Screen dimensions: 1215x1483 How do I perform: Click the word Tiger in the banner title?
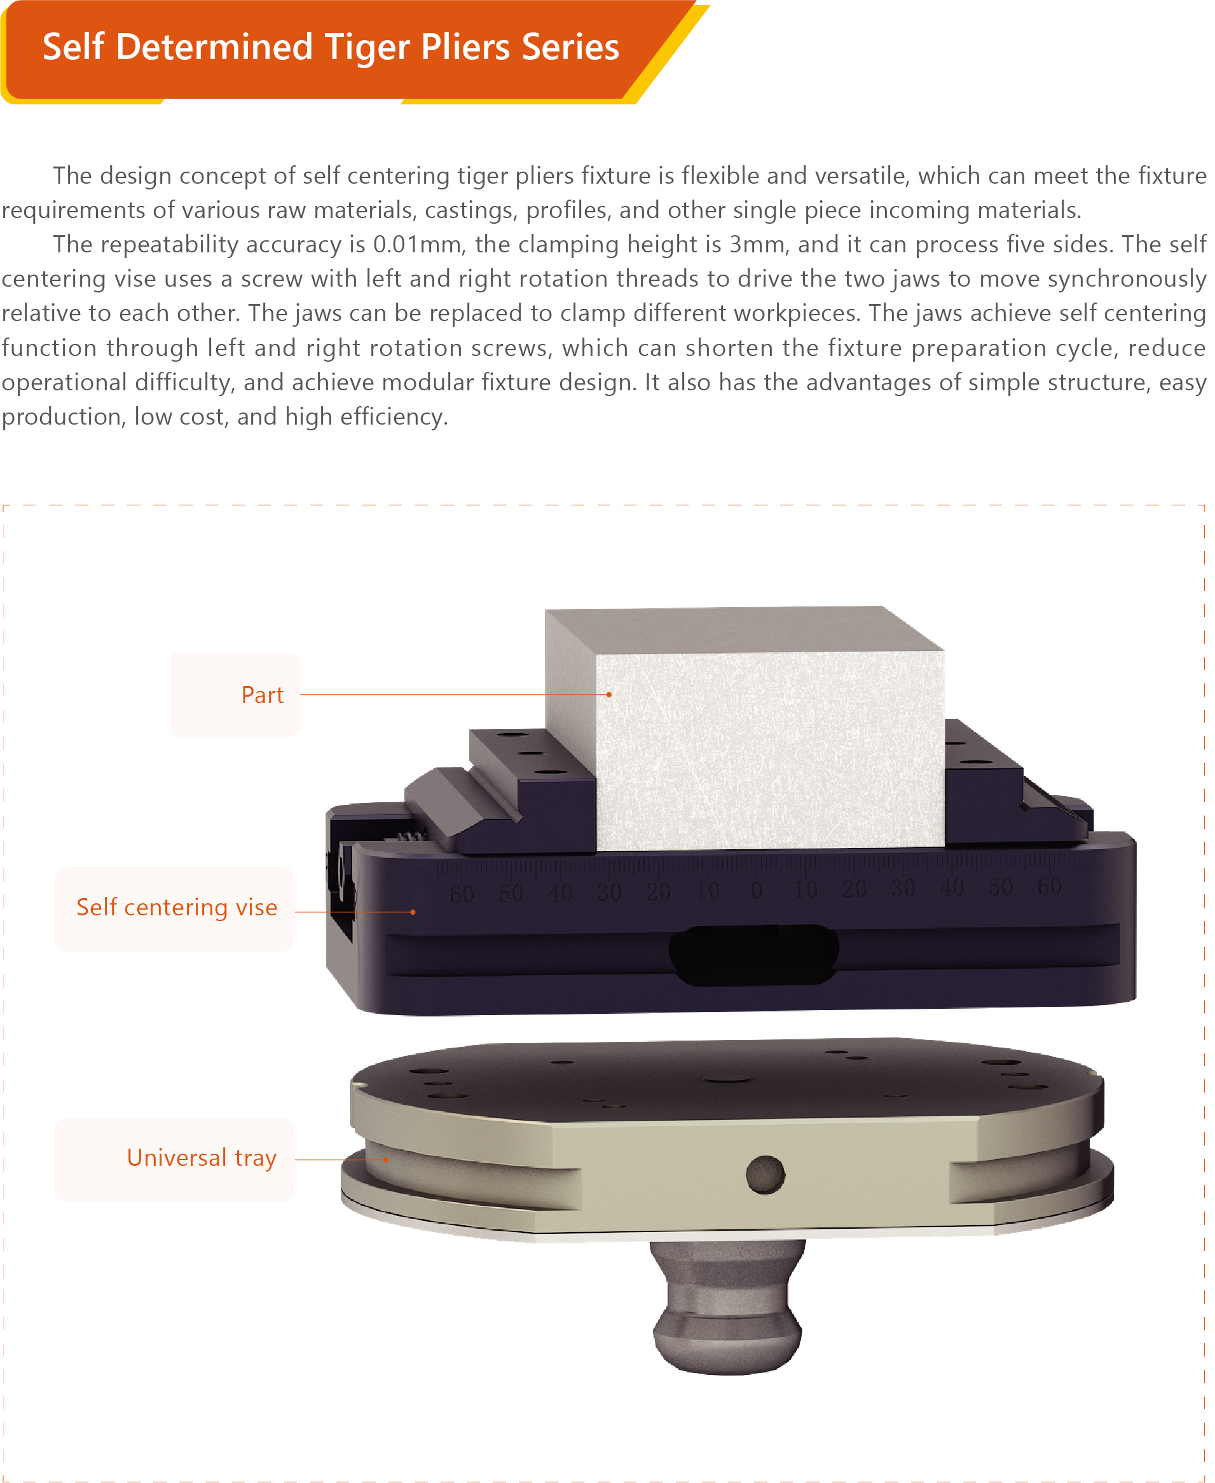[368, 48]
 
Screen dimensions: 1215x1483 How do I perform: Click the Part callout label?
[263, 695]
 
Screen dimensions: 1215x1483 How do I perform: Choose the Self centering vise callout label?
[177, 908]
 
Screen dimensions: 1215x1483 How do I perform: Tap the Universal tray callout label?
[202, 1158]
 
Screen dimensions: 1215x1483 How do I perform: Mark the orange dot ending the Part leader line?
[609, 695]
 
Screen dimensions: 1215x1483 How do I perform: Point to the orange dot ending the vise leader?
[413, 912]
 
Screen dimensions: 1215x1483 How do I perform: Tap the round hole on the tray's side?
[765, 1174]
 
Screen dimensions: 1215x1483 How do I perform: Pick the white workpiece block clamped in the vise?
[745, 728]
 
